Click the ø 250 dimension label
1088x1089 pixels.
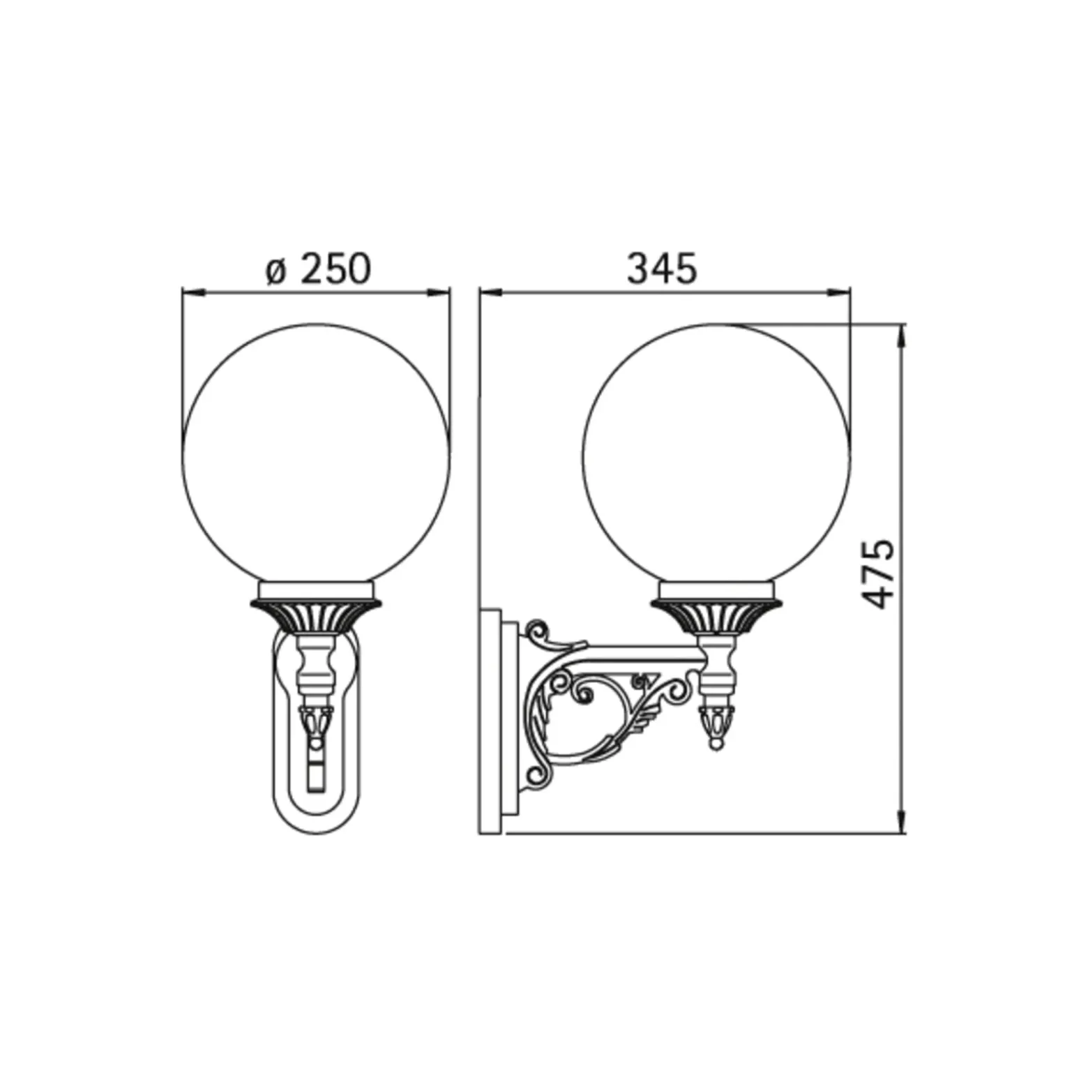(318, 269)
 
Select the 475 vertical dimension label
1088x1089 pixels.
(877, 574)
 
